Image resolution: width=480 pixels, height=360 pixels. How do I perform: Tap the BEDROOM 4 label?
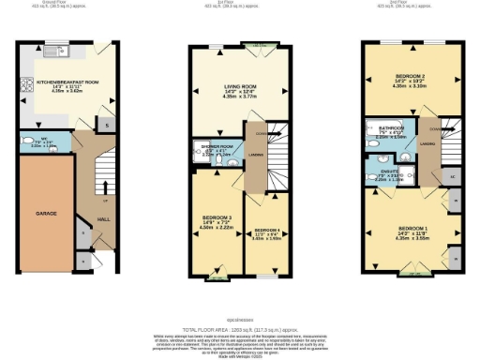click(267, 230)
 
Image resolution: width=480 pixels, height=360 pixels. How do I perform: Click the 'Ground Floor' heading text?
click(67, 4)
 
